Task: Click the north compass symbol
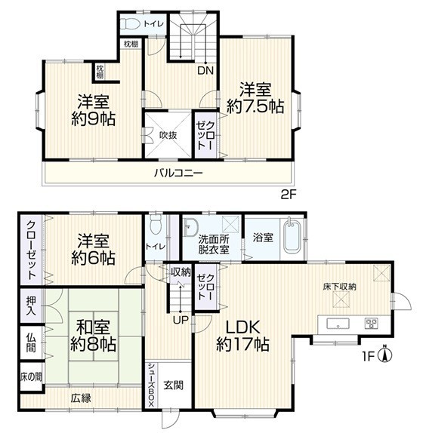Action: click(384, 354)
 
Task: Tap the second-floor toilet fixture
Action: click(130, 23)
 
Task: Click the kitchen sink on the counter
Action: click(338, 324)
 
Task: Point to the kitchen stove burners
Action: click(372, 324)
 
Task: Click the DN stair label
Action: click(205, 71)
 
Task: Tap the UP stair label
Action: click(181, 320)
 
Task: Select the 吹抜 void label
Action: click(168, 135)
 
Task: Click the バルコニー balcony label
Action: click(178, 174)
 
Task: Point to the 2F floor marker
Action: click(289, 195)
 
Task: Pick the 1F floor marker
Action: click(369, 357)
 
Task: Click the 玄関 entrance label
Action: click(173, 385)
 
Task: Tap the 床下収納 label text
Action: click(339, 287)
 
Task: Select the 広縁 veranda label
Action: click(81, 398)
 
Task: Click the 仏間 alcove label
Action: click(31, 342)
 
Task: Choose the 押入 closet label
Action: click(31, 306)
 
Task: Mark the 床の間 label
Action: click(31, 377)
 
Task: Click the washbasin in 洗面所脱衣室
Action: click(190, 227)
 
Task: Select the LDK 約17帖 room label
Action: click(242, 336)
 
